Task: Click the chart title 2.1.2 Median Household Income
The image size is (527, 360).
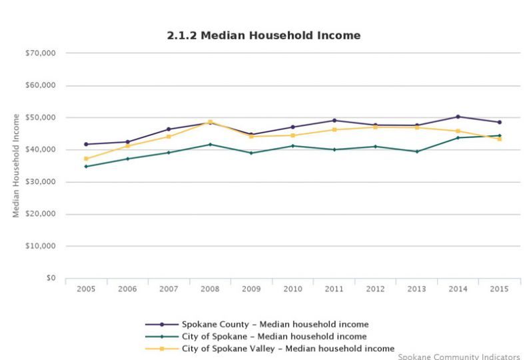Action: (263, 35)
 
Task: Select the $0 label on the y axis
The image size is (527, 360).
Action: (51, 278)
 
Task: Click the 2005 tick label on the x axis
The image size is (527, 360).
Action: (86, 289)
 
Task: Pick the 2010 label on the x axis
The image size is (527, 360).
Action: (292, 289)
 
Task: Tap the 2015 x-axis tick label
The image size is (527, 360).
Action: (499, 289)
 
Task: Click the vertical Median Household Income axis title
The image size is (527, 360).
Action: (16, 165)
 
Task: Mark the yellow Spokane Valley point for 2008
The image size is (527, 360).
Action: (210, 122)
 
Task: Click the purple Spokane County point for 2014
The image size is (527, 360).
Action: (458, 117)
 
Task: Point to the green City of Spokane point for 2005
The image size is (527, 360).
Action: (86, 166)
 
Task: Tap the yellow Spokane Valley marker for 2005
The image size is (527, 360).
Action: (86, 159)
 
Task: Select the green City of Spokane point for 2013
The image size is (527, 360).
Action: (416, 151)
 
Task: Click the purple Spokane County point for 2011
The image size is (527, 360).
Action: (334, 121)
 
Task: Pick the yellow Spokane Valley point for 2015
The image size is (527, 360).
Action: (499, 139)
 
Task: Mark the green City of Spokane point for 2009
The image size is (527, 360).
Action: (251, 153)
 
